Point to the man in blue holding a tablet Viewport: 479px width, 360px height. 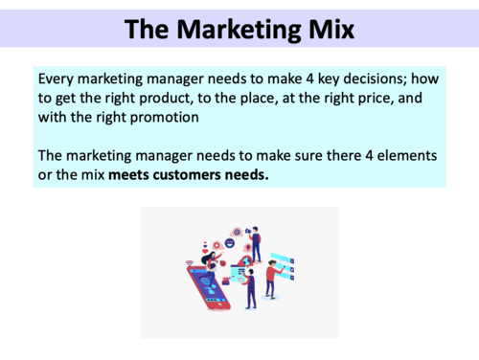(x=249, y=286)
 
